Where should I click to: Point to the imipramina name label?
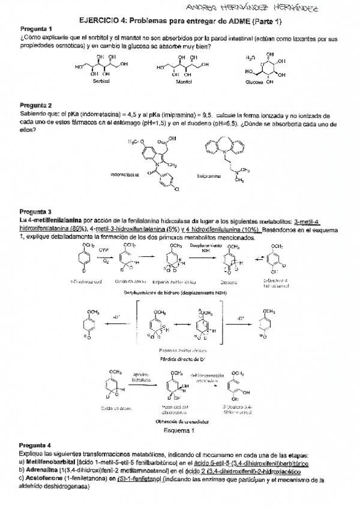pos(211,176)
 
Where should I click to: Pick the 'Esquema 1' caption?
pos(179,430)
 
